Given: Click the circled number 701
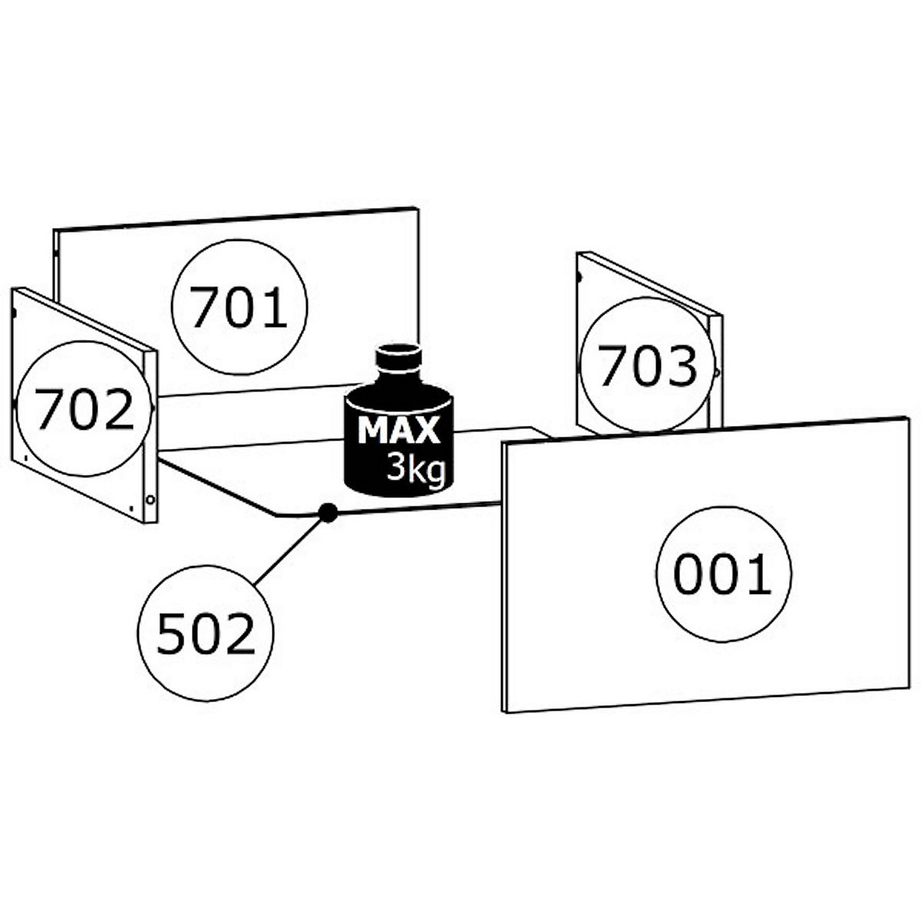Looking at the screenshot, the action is point(239,307).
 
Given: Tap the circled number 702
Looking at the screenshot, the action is point(84,408).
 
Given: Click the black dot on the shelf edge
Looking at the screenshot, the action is point(328,513).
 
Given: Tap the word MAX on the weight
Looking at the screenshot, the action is point(398,431).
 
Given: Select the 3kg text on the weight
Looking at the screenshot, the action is point(416,467).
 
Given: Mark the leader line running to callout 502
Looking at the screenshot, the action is point(289,551).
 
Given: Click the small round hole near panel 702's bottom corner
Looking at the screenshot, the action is point(150,500).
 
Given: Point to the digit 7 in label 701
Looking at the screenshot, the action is point(206,307).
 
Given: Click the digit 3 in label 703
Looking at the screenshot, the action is point(681,365).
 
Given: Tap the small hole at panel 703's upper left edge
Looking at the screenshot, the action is point(579,276).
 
